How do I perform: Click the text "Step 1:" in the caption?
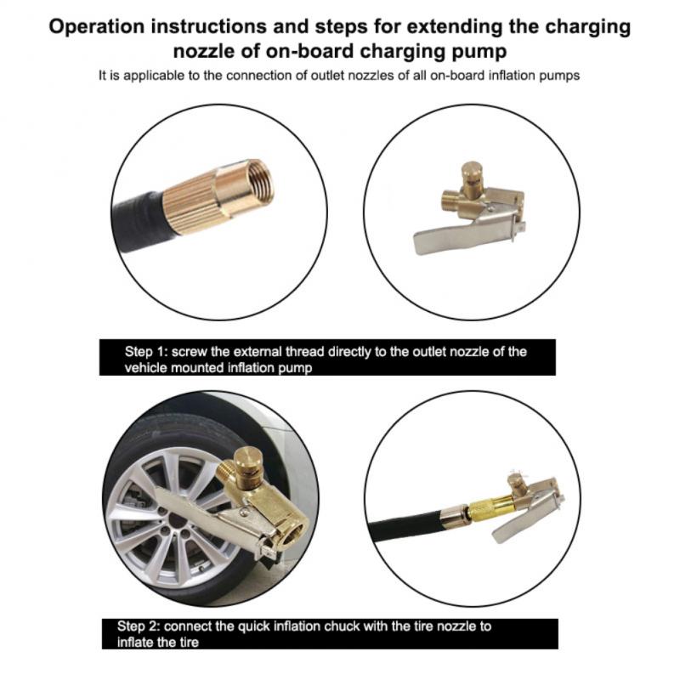click(x=147, y=352)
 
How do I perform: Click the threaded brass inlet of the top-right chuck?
click(x=450, y=203)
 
